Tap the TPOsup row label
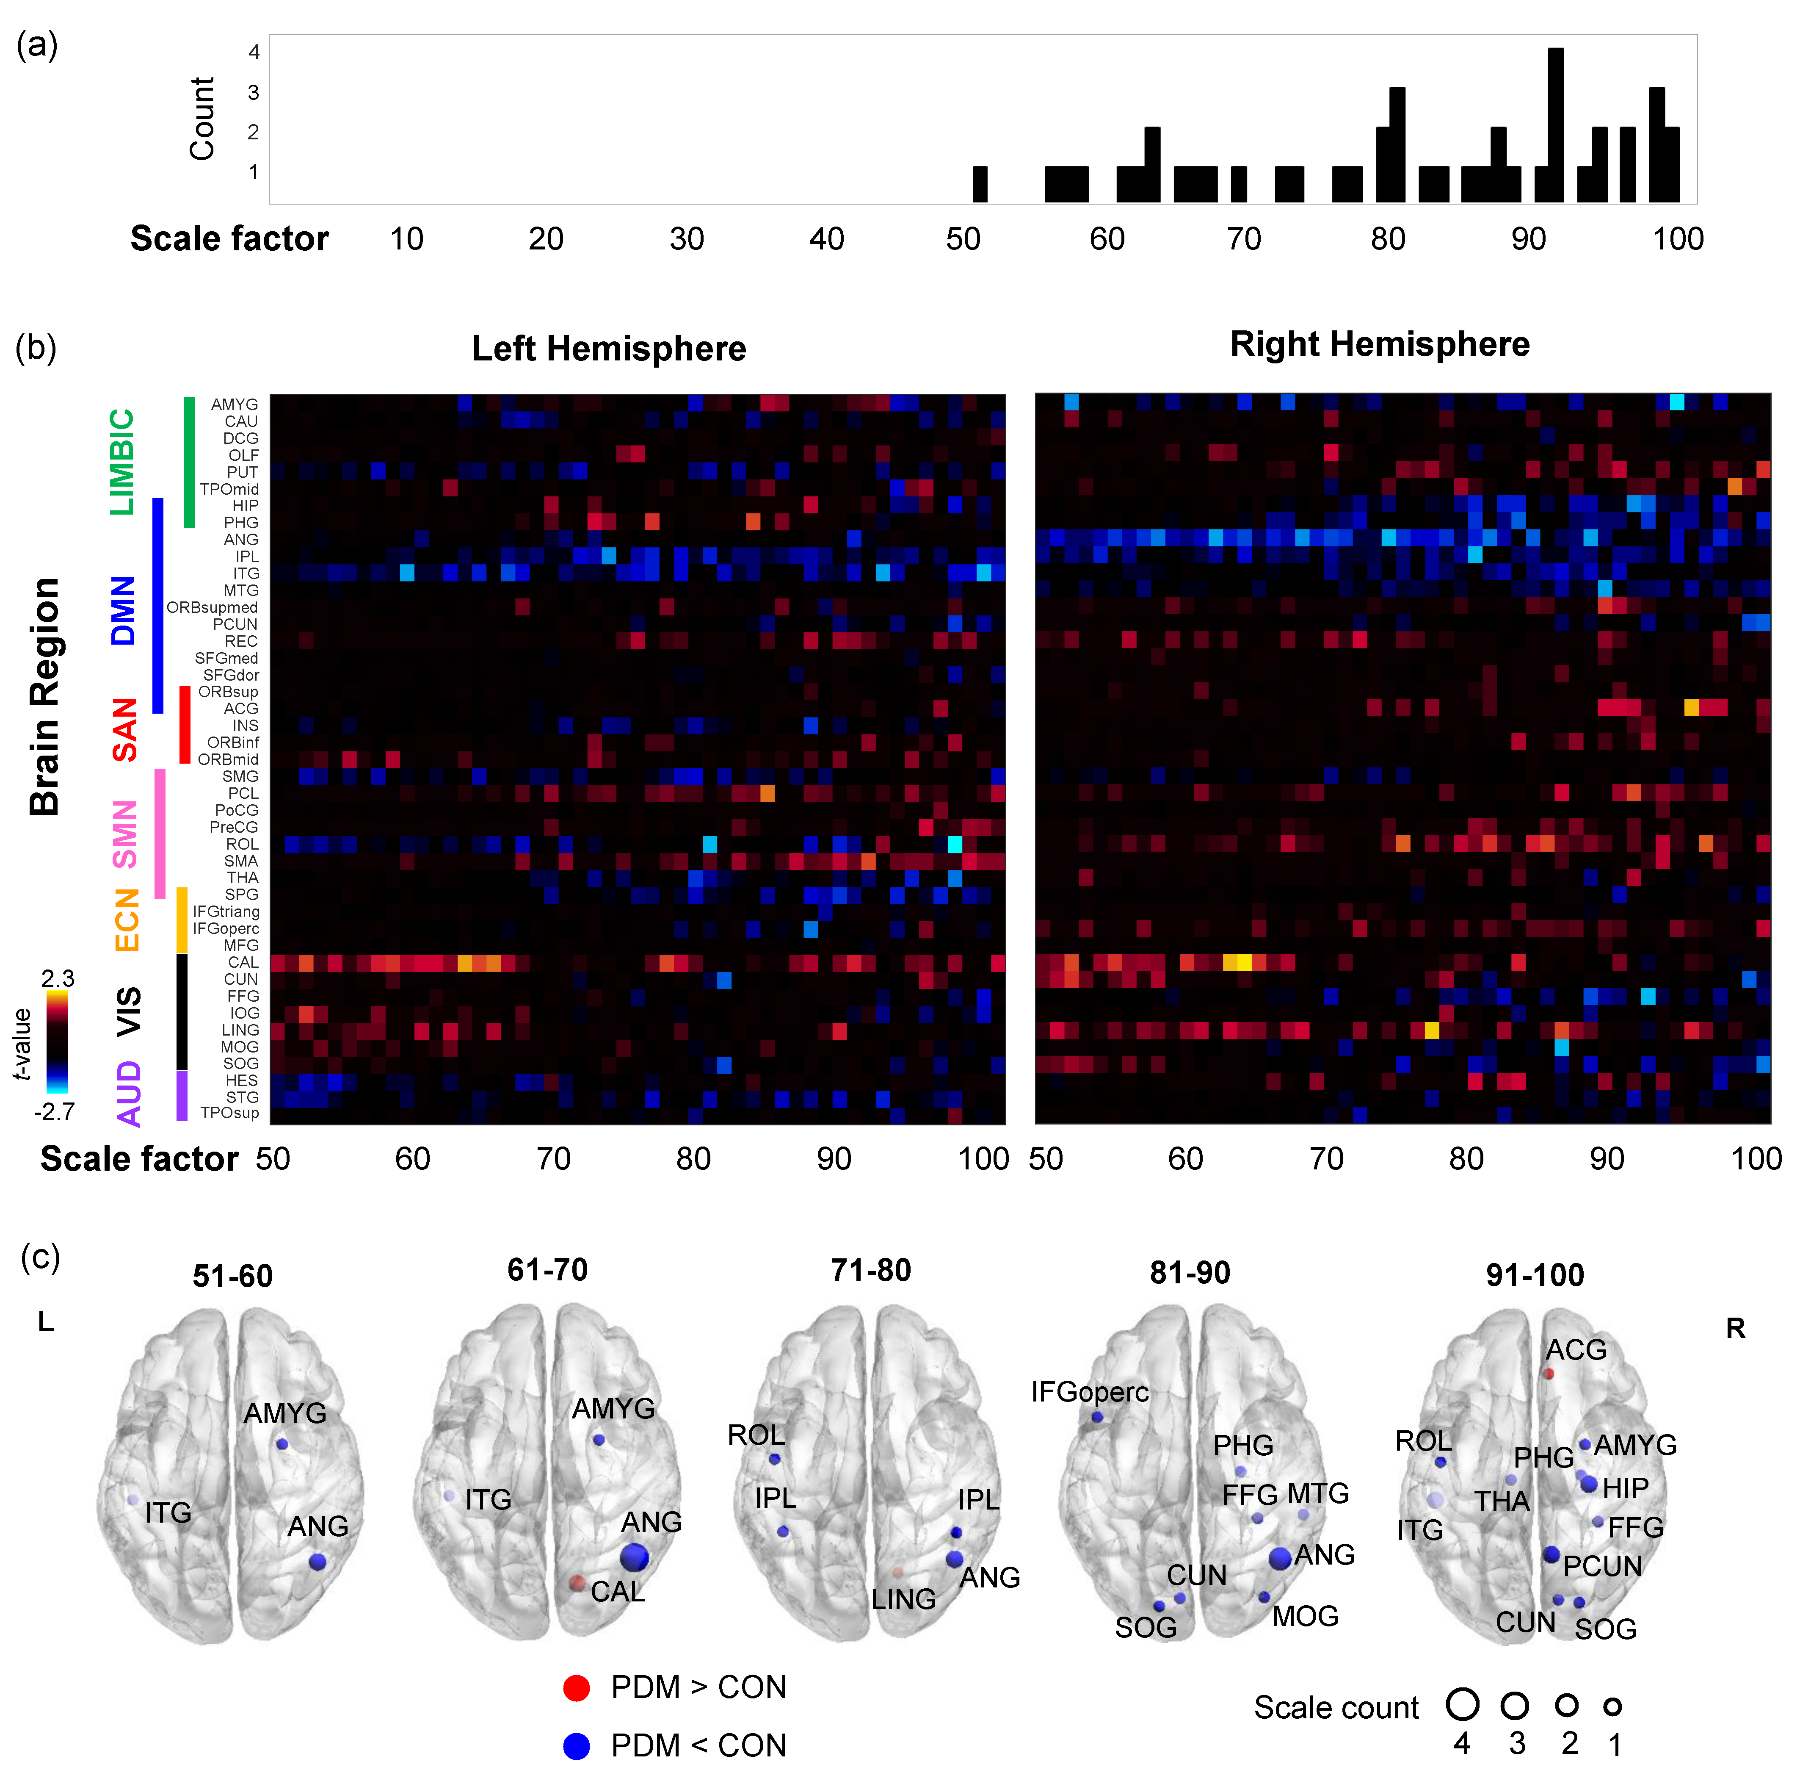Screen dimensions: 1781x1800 coord(229,1113)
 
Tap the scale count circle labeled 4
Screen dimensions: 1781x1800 coord(1463,1705)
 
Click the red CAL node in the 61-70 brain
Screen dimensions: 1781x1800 coord(577,1582)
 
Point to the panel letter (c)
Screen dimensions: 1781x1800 coord(40,1257)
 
